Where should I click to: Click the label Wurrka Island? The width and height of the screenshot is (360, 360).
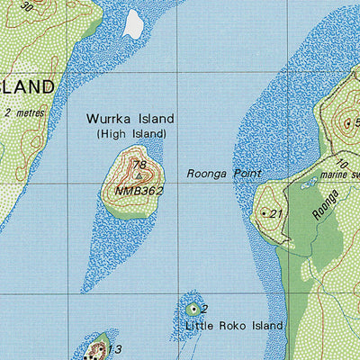point(130,119)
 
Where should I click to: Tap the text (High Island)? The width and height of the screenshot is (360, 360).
point(130,133)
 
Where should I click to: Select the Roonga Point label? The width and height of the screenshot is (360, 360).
point(223,173)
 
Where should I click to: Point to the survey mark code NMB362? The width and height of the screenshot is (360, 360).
point(139,191)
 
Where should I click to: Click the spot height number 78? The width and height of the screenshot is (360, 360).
point(139,165)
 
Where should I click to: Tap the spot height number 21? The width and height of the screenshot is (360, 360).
point(276,213)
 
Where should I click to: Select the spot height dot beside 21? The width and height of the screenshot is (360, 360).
point(264,213)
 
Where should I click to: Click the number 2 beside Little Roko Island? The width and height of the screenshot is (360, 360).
point(204,309)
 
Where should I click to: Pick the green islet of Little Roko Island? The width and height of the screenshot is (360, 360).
point(192,310)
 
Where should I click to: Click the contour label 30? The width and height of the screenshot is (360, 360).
point(27,6)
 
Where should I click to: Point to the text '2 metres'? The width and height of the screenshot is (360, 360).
point(23,112)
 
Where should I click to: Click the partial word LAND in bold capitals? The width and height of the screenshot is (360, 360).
point(27,87)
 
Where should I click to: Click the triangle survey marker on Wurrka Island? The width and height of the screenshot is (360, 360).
point(137,175)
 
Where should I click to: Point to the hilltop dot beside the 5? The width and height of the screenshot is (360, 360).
point(347,122)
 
